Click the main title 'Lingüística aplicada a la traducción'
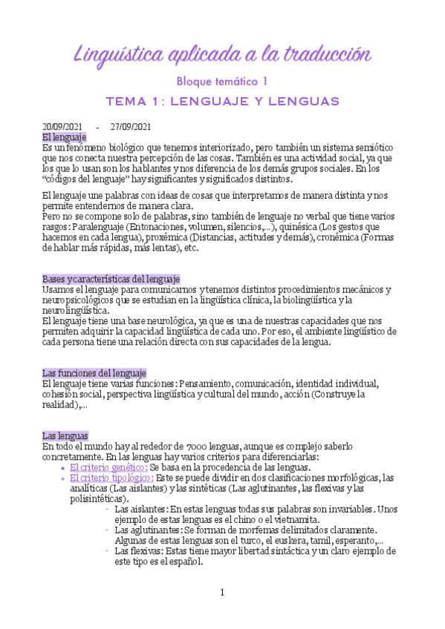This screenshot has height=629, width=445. tap(222, 54)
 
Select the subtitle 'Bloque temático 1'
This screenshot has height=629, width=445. tap(222, 80)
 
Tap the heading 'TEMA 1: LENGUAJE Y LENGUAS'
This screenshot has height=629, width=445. tap(222, 100)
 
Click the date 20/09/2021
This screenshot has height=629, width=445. tap(63, 127)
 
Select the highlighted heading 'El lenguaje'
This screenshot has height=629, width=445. tap(65, 137)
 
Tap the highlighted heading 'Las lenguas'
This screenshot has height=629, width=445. tap(65, 435)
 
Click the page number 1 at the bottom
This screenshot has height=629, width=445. tap(221, 592)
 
